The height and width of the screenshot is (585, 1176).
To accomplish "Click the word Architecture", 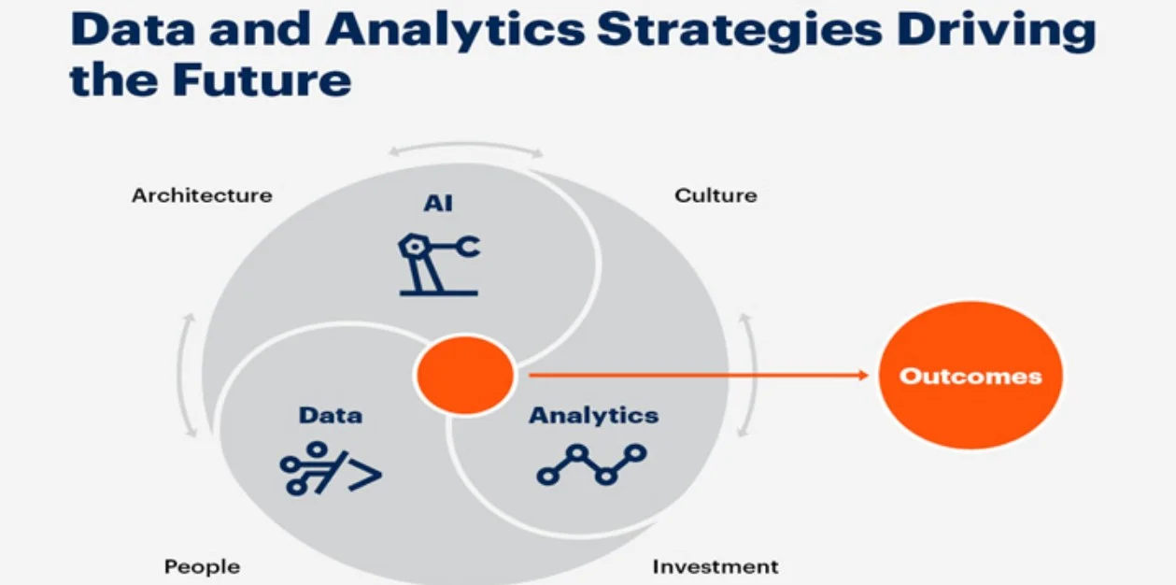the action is coord(202,195).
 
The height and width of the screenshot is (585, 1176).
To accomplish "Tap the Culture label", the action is coord(716,195).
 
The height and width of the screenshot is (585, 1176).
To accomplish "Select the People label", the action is coord(202,566).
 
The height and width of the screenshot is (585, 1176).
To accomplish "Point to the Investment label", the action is coord(716,566).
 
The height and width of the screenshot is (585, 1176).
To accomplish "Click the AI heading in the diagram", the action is coord(438,203).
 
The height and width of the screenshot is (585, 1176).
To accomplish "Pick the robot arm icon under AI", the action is coord(439,264).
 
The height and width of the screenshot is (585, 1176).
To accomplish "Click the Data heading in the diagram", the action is coord(331,415).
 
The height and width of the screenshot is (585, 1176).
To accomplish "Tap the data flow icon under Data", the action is coord(331,469).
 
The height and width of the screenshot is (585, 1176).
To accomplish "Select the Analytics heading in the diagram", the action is coord(594,416).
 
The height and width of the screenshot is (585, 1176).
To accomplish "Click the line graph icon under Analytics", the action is coord(591,464).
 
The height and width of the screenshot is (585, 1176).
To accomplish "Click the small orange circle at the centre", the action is coord(465,375).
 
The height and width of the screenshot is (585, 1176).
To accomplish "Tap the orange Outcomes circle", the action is coord(971,376).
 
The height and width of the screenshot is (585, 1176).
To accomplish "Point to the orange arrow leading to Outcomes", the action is coord(699,376).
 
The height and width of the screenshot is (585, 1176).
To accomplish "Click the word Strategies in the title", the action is coord(739,31).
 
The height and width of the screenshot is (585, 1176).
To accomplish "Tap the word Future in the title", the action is coord(262,79).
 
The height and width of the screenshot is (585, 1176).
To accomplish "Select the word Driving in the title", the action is coord(997,31).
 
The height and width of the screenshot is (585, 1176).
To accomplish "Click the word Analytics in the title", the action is coord(455,31).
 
